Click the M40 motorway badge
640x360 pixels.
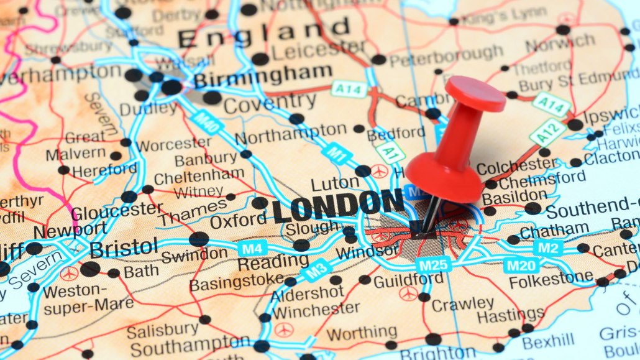pyautogui.click(x=208, y=122)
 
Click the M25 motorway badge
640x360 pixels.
pyautogui.click(x=432, y=265)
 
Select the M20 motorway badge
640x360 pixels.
pyautogui.click(x=521, y=266)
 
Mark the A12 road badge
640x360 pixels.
pyautogui.click(x=547, y=132)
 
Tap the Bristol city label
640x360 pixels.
pyautogui.click(x=124, y=248)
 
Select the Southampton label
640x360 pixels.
pyautogui.click(x=190, y=346)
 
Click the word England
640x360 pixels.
pyautogui.click(x=263, y=32)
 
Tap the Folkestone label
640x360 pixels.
pyautogui.click(x=551, y=278)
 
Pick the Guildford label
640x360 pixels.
pyautogui.click(x=408, y=280)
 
